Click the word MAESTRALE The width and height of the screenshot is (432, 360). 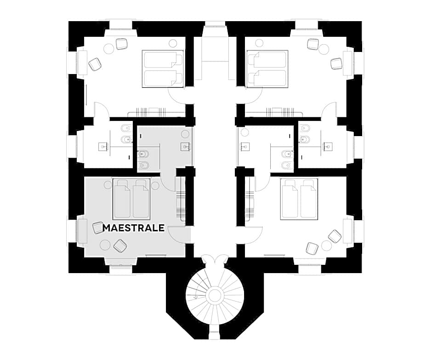pyautogui.click(x=134, y=228)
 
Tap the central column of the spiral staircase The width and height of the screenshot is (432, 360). pyautogui.click(x=215, y=296)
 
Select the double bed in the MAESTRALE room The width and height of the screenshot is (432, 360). pyautogui.click(x=131, y=199)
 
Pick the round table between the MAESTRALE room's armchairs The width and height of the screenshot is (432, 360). pyautogui.click(x=105, y=244)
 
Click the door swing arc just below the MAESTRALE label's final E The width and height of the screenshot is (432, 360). pyautogui.click(x=176, y=235)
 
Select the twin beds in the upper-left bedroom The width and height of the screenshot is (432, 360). pyautogui.click(x=163, y=69)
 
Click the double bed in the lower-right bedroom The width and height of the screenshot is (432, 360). pyautogui.click(x=299, y=199)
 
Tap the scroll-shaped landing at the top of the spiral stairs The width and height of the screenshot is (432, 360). pyautogui.click(x=215, y=260)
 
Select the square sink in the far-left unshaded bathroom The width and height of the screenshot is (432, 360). pyautogui.click(x=103, y=146)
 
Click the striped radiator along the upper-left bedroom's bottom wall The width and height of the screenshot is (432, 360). pyautogui.click(x=151, y=113)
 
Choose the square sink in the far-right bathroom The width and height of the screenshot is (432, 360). pyautogui.click(x=328, y=146)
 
